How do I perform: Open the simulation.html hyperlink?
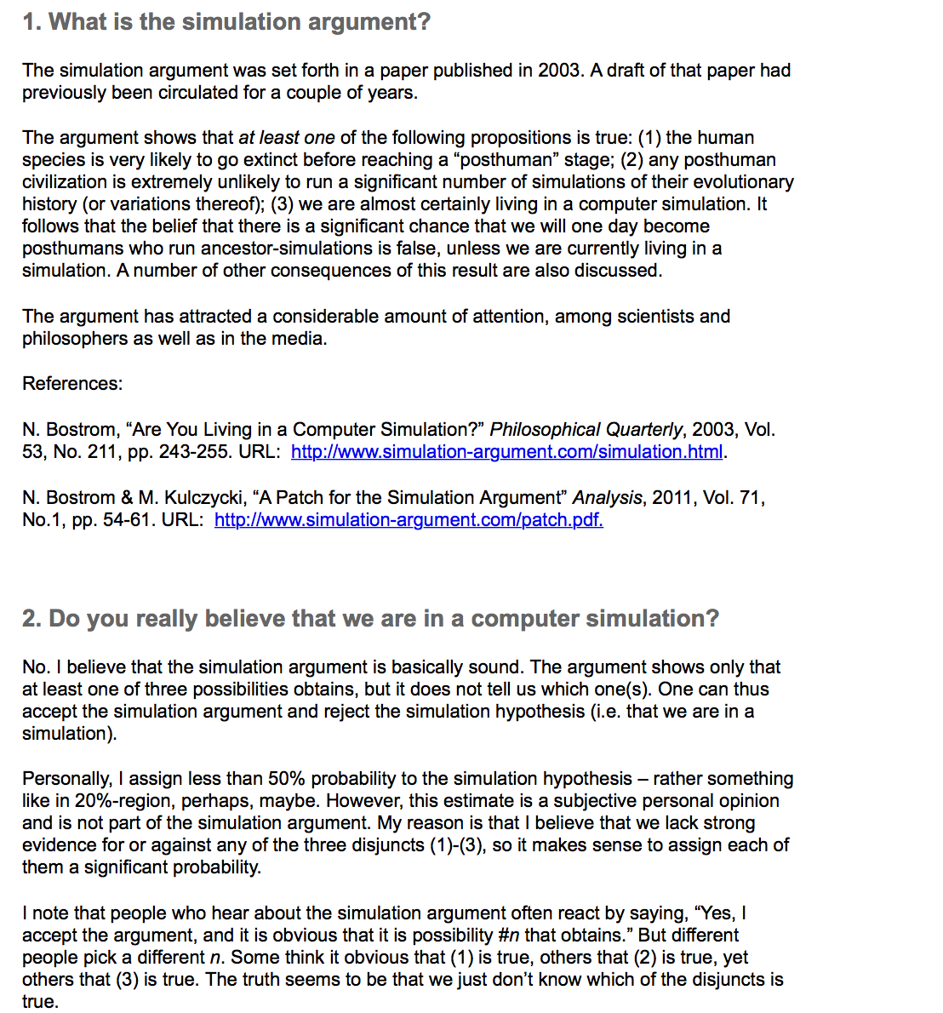(x=506, y=452)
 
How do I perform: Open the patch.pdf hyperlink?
(x=409, y=520)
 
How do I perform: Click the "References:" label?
(x=72, y=384)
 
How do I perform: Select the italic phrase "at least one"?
(x=286, y=138)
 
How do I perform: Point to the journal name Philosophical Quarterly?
(x=586, y=430)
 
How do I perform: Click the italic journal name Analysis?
(x=607, y=498)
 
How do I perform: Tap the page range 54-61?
(x=130, y=520)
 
